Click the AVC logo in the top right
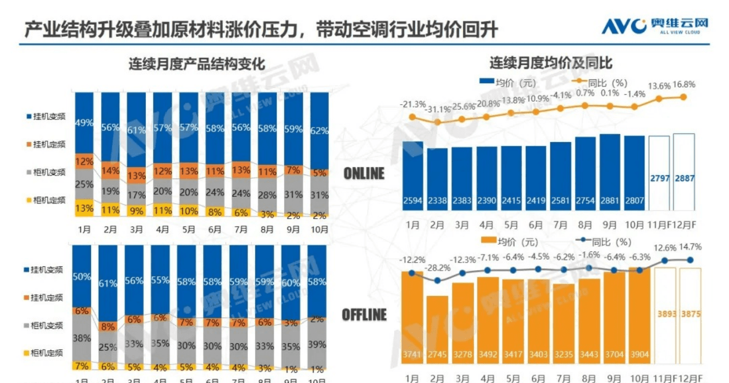[655, 26]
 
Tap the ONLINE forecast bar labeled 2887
[684, 172]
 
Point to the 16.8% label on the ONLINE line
[683, 84]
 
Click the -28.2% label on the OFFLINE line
[437, 267]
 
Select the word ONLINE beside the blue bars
[364, 174]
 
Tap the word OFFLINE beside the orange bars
[364, 315]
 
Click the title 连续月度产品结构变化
[197, 64]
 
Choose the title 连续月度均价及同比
[551, 63]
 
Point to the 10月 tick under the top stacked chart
[319, 229]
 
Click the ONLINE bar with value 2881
[609, 172]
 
